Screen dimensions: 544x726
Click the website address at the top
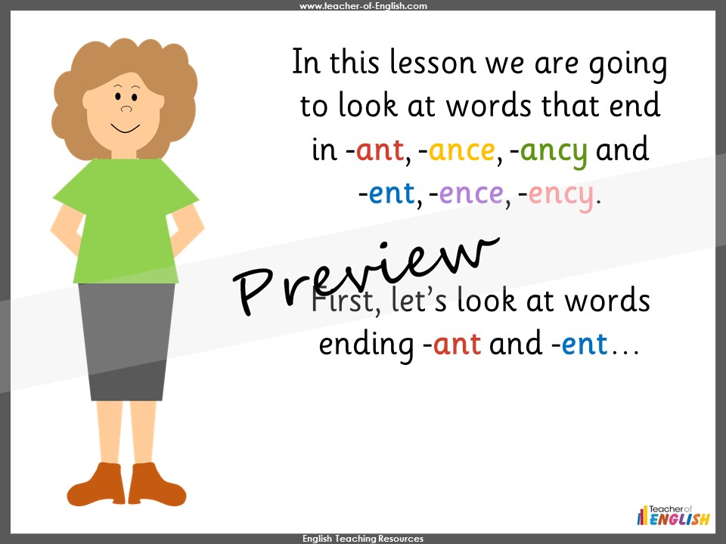[x=363, y=6]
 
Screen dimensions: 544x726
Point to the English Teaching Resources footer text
[x=363, y=539]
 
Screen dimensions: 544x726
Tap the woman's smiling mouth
[x=126, y=126]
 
